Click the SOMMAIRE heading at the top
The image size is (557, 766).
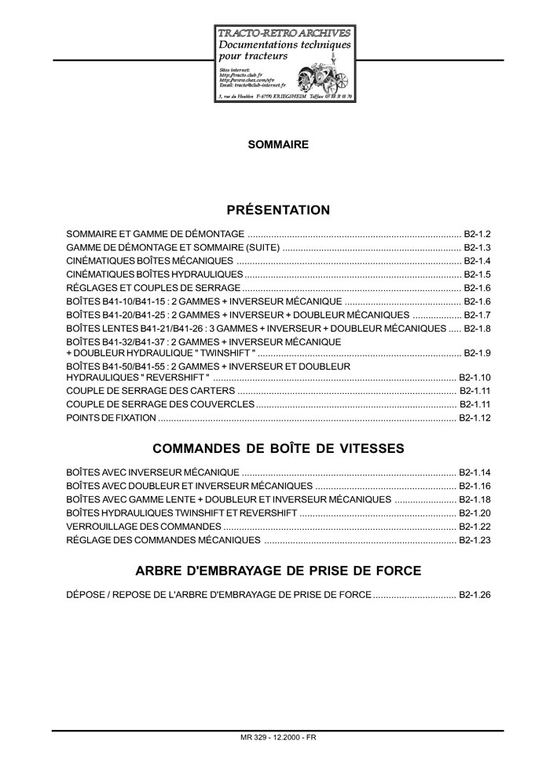click(x=278, y=144)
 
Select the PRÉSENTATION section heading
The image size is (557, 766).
click(x=278, y=210)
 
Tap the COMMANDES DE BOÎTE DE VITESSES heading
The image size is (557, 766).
click(x=278, y=449)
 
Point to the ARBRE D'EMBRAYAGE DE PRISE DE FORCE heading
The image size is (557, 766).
click(x=278, y=571)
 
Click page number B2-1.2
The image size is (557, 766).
click(x=477, y=235)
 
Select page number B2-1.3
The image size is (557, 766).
click(x=477, y=248)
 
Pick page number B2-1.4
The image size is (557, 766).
click(x=477, y=261)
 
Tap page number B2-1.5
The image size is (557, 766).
click(x=477, y=275)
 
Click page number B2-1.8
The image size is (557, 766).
click(x=477, y=328)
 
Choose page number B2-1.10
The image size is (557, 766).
click(x=475, y=378)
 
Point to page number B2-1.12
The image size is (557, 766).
click(x=475, y=418)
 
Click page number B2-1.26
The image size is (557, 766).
click(x=475, y=596)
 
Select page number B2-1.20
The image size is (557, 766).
click(x=475, y=512)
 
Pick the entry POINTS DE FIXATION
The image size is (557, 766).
click(x=111, y=418)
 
